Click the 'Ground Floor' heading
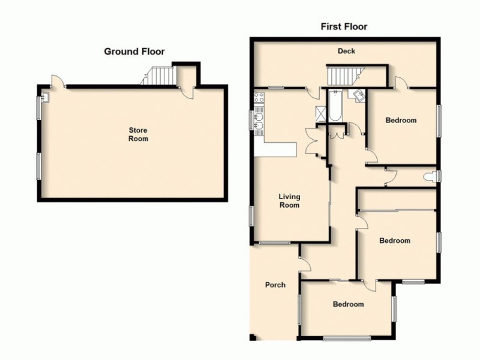coord(134,52)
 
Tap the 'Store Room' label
coord(137,134)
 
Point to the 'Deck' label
coord(346,52)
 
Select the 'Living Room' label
coord(289,201)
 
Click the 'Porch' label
coord(275,285)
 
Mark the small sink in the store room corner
coord(46,94)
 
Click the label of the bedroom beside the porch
coord(348,304)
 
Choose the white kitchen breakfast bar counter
coord(276,149)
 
